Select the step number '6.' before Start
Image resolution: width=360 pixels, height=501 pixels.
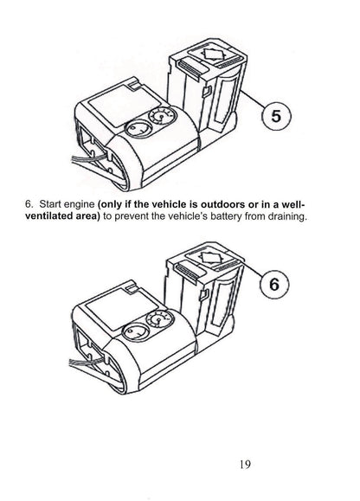[29, 203]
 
